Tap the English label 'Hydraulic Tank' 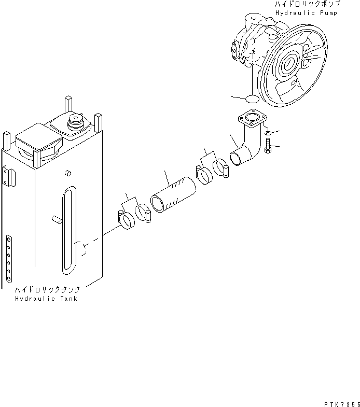tap(46, 299)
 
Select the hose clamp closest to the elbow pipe tap(222, 168)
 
